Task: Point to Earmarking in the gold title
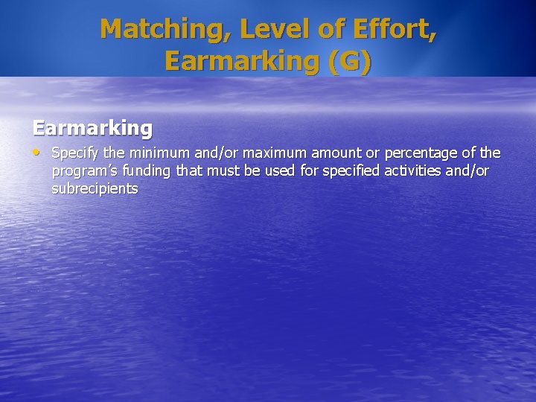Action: point(245,61)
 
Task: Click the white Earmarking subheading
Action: point(92,128)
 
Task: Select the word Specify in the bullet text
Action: point(72,153)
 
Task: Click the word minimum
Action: point(155,153)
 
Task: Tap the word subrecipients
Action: point(95,189)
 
